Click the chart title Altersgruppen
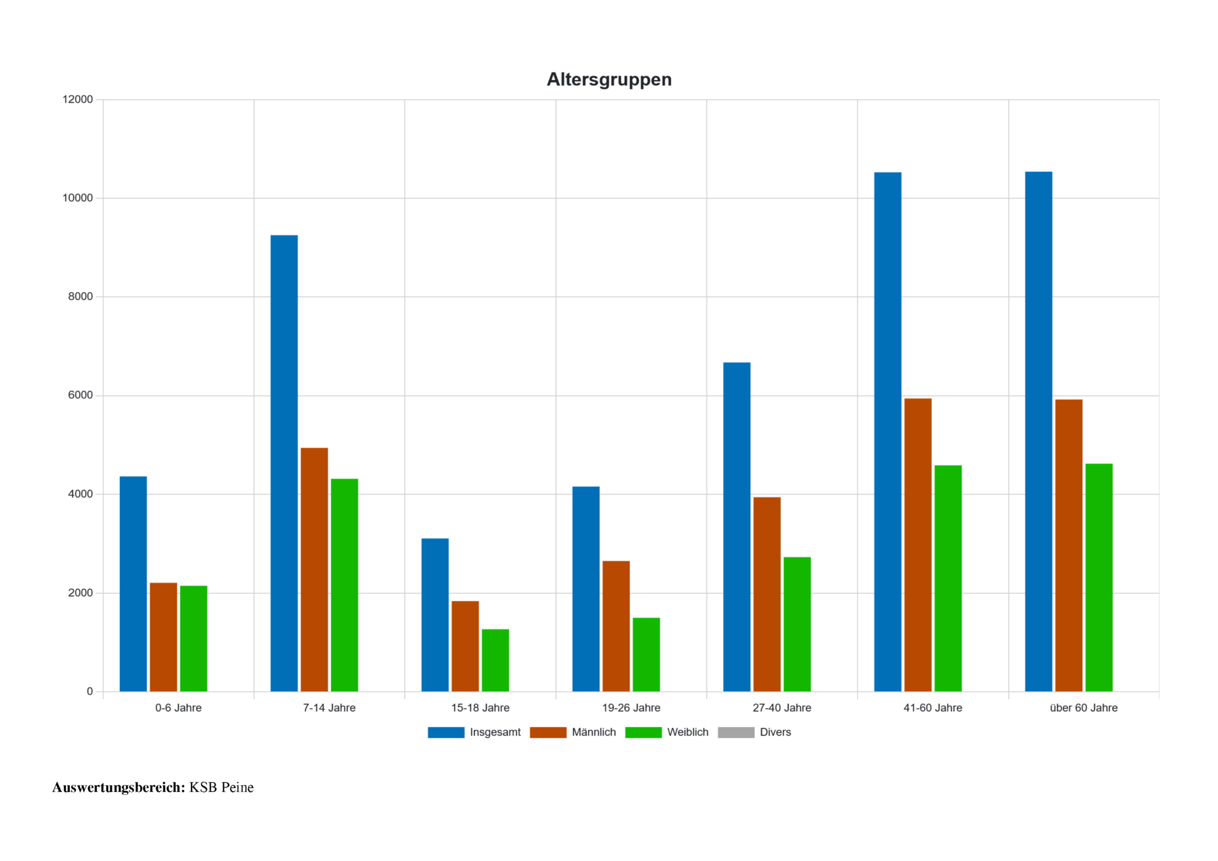click(x=609, y=79)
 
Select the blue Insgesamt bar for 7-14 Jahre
click(x=284, y=463)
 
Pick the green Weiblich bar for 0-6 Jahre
click(x=193, y=638)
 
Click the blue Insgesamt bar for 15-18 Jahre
click(x=435, y=615)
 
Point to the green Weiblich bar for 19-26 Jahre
click(x=646, y=654)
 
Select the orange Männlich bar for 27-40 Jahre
click(x=767, y=594)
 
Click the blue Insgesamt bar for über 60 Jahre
click(x=1038, y=431)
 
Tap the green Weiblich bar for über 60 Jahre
click(x=1099, y=577)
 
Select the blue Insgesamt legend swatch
click(x=446, y=732)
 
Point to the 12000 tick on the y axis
click(x=77, y=100)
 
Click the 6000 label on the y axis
click(x=81, y=395)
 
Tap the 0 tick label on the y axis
click(x=89, y=692)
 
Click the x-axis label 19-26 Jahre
click(x=631, y=707)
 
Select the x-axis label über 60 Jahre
click(x=1084, y=707)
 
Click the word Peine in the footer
click(x=237, y=787)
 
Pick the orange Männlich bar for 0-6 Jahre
click(x=164, y=637)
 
